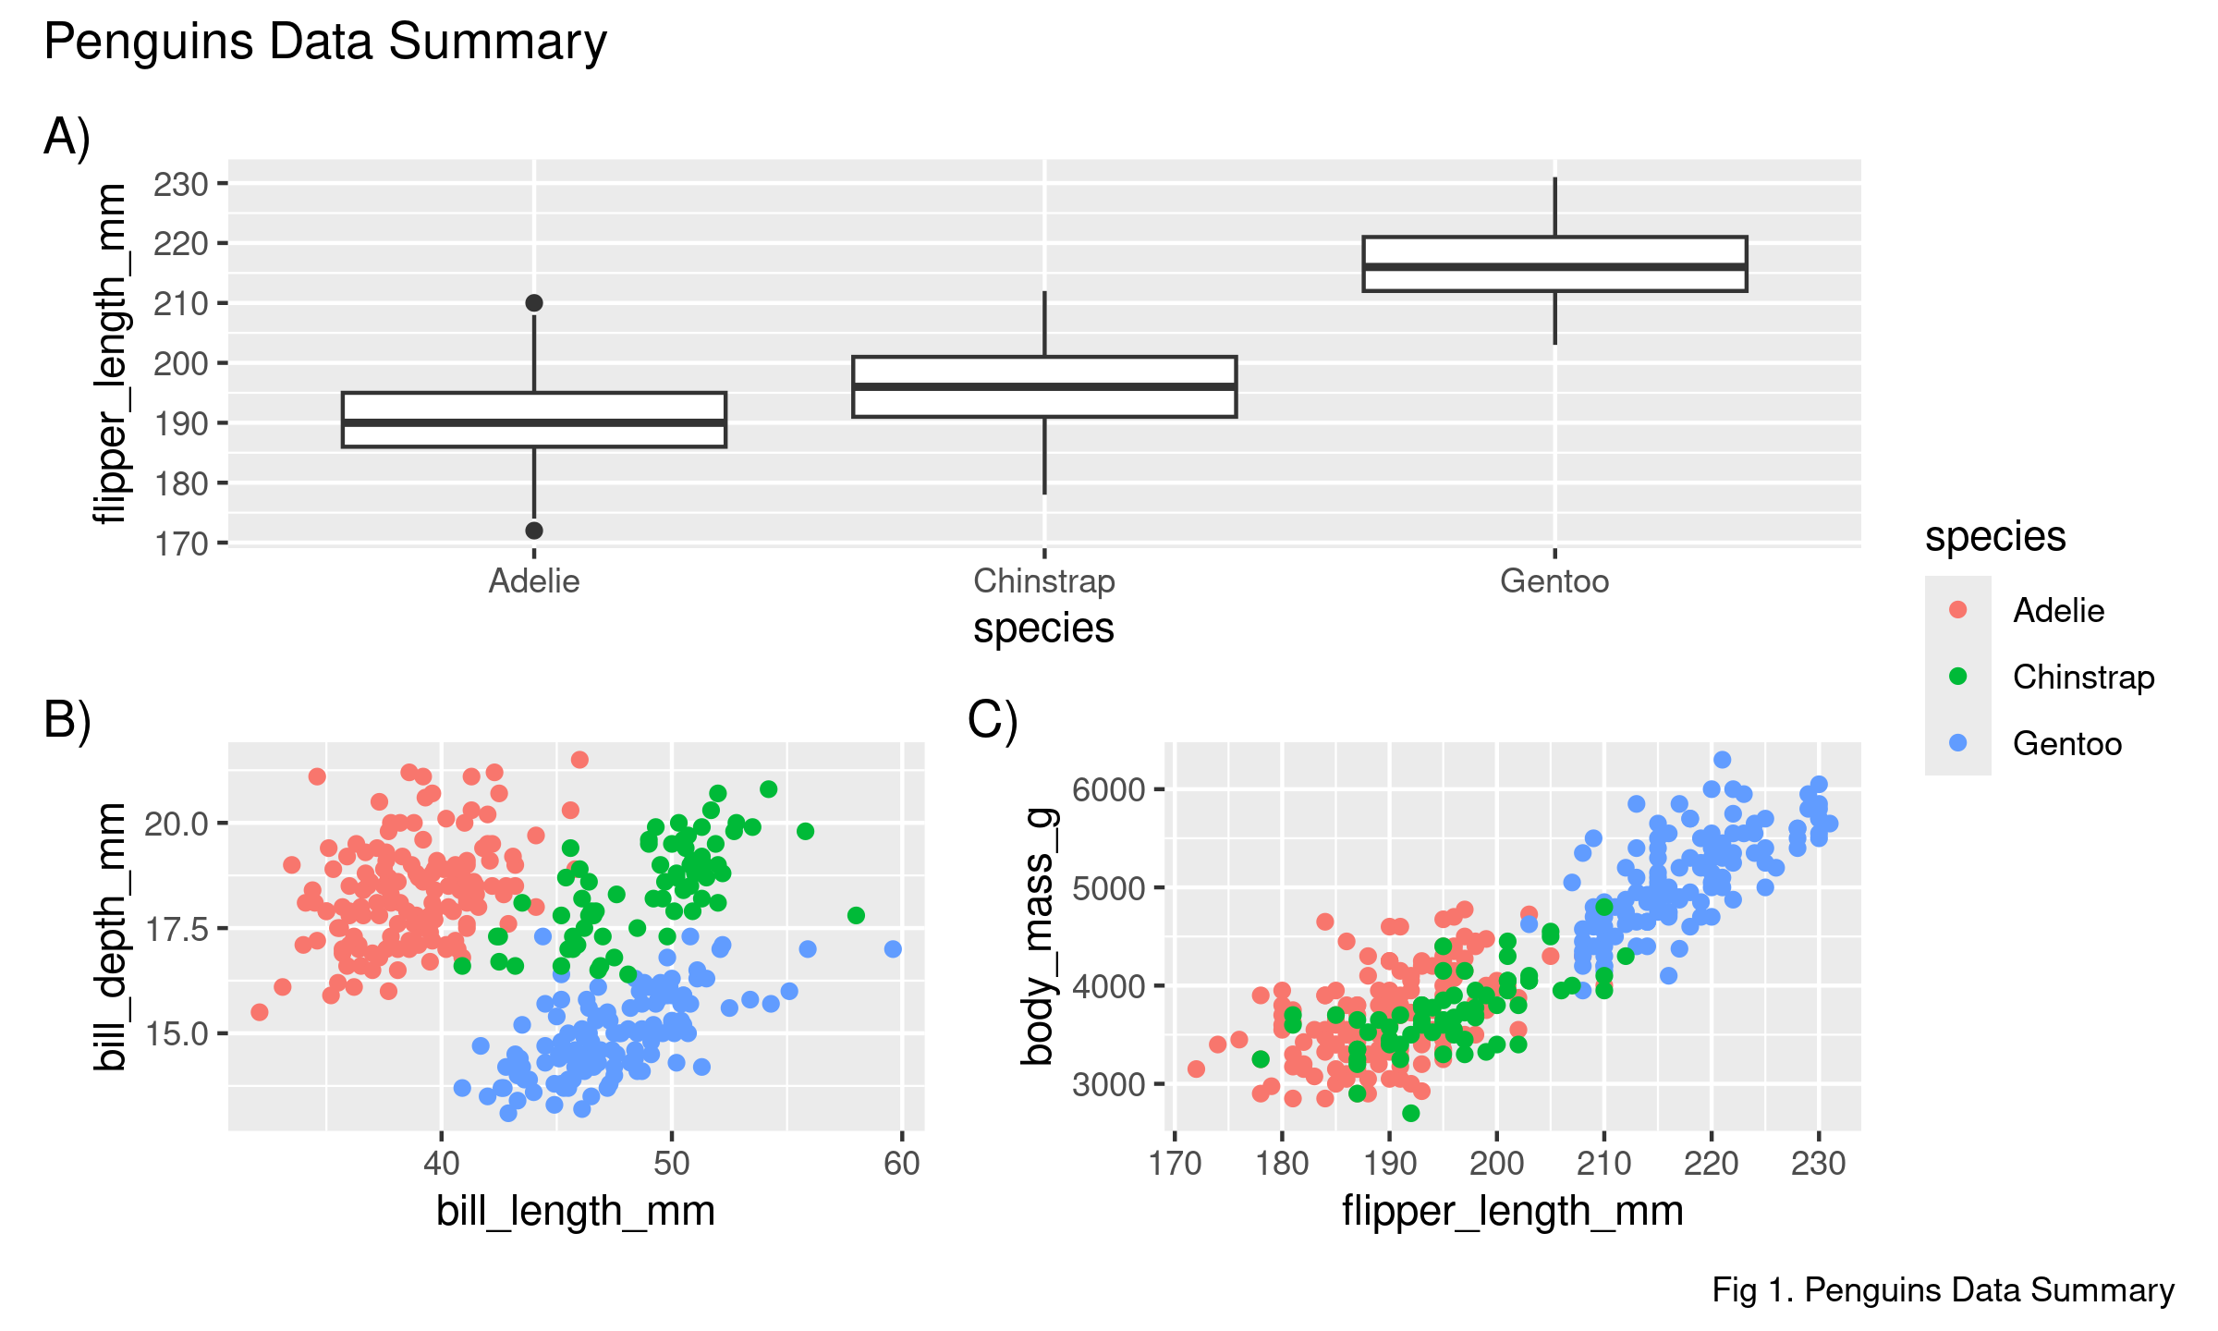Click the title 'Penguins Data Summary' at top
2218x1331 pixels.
pos(325,43)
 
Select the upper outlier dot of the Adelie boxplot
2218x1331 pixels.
pos(534,303)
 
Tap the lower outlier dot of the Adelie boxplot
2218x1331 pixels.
pos(534,531)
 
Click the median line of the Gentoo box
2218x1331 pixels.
pos(1554,266)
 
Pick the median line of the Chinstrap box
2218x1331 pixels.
pos(1044,386)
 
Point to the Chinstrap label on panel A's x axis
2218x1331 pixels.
pos(1044,581)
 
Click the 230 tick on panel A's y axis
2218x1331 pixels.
pos(181,185)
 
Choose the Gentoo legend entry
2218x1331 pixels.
pos(2066,744)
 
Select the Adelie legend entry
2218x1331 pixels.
pos(2058,611)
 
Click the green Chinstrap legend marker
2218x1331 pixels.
pos(1957,677)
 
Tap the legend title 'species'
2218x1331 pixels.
pos(1995,537)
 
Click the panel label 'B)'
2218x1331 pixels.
pos(67,719)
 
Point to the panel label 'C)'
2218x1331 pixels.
pos(993,719)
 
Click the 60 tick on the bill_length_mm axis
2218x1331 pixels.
pos(902,1163)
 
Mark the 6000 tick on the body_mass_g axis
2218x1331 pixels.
pos(1108,790)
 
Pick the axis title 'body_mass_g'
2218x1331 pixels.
pos(1038,935)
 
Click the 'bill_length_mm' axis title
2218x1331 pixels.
pos(576,1211)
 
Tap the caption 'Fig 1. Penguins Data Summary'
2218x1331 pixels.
pos(1943,1290)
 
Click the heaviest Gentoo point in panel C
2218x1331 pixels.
pos(1722,760)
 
